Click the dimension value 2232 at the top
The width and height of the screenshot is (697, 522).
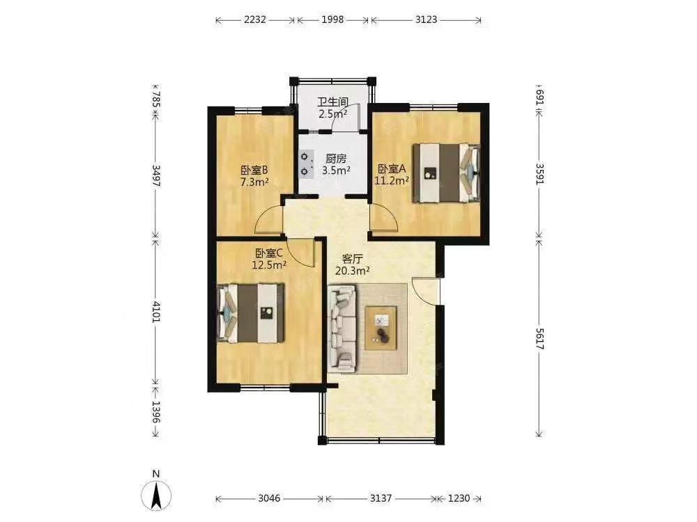click(x=255, y=19)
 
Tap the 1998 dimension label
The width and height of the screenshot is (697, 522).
click(x=332, y=19)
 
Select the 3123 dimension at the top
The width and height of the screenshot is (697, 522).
click(x=426, y=19)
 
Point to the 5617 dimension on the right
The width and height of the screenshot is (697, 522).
click(x=539, y=339)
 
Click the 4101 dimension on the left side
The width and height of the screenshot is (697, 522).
click(x=156, y=312)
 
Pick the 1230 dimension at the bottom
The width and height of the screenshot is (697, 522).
click(x=459, y=498)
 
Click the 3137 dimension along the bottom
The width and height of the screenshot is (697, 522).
click(x=381, y=498)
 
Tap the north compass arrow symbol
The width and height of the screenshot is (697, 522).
click(x=156, y=495)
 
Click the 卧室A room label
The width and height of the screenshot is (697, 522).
click(x=392, y=168)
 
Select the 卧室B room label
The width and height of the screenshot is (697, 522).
click(x=254, y=170)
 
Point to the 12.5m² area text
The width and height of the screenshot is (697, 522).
click(x=269, y=265)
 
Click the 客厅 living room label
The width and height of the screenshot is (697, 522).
click(x=353, y=258)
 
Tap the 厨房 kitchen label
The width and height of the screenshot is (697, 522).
click(x=336, y=159)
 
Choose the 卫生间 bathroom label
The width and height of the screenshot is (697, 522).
click(x=332, y=102)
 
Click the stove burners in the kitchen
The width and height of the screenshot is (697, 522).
click(x=306, y=164)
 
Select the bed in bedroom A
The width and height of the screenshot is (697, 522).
click(x=446, y=173)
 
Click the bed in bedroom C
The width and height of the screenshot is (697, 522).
click(x=251, y=313)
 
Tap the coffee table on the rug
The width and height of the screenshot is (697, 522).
click(x=381, y=328)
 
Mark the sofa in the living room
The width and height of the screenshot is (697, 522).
click(x=342, y=329)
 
